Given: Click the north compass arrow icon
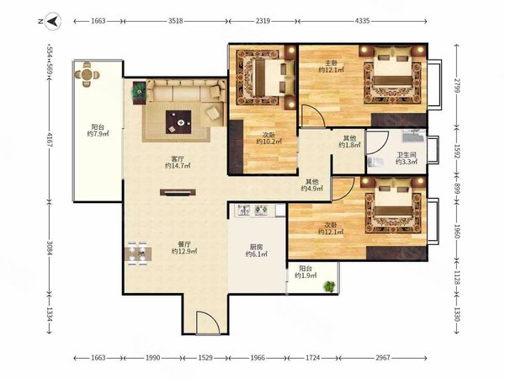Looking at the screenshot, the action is [53, 21].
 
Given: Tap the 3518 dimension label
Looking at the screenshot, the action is [176, 21].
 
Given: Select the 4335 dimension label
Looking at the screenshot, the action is [362, 21].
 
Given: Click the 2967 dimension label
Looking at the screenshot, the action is [383, 357].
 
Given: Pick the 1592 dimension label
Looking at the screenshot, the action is [457, 151].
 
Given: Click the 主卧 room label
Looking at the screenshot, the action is [331, 63].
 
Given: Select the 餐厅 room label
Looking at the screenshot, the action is [183, 244].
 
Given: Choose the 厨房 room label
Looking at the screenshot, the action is [257, 247].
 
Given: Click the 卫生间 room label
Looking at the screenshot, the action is [406, 155].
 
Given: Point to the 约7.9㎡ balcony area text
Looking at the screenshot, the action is [98, 134].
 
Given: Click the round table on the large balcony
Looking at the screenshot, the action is [87, 74].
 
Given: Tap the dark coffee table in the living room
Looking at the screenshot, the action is [178, 122].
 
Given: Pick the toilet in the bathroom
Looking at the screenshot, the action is [375, 162].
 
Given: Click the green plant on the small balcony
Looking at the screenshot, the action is [329, 286].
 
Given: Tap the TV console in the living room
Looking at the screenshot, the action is [178, 192].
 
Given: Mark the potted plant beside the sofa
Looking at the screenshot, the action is [139, 92].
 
